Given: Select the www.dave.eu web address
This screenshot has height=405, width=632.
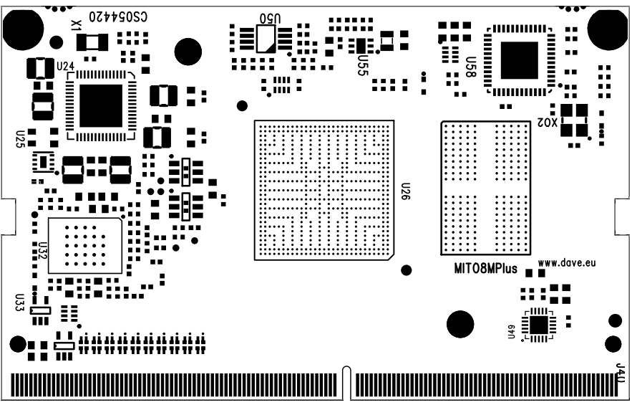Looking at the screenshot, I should [567, 264].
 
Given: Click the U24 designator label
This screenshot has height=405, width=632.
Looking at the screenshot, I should [65, 66].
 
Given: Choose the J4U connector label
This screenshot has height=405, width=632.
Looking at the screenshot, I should [621, 373].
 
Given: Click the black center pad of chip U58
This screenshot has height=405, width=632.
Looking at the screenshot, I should [519, 59].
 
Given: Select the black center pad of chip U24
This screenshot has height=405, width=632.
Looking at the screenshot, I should [101, 105].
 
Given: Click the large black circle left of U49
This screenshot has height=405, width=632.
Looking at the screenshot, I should [460, 325].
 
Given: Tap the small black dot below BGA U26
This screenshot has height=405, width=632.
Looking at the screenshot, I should [406, 270].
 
